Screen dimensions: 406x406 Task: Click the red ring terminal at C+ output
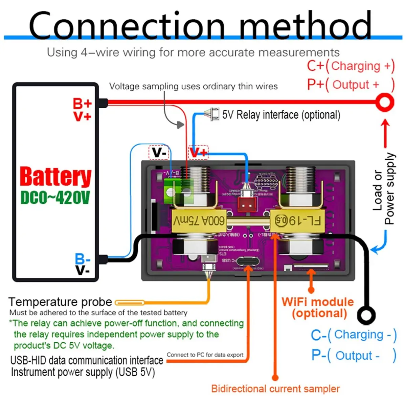pos(385,102)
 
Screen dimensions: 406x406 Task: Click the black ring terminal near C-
pos(366,315)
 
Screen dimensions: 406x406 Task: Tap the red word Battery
pos(55,177)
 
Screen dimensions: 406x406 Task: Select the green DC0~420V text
pos(55,197)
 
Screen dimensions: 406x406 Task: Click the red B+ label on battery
pos(82,103)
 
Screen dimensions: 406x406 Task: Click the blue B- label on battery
pos(83,260)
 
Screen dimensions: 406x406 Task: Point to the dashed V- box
pos(159,153)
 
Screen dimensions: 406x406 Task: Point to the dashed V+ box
pos(198,153)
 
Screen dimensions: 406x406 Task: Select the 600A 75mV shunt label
pos(199,221)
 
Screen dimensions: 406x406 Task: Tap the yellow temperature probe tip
pos(130,302)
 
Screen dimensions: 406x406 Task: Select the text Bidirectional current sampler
pos(275,389)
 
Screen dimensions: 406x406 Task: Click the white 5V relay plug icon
pos(212,114)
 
